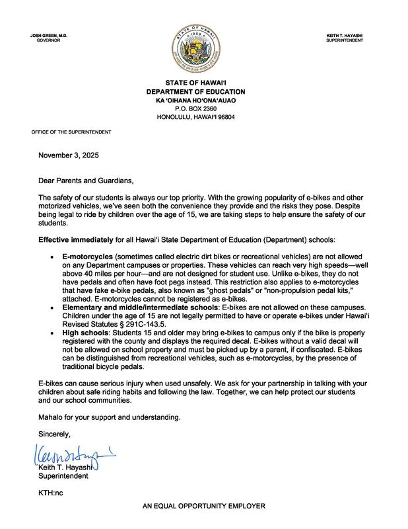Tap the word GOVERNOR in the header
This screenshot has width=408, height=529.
(x=49, y=40)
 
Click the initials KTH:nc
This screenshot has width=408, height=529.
(x=51, y=493)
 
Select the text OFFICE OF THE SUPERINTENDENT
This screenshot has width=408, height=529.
(x=71, y=132)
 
